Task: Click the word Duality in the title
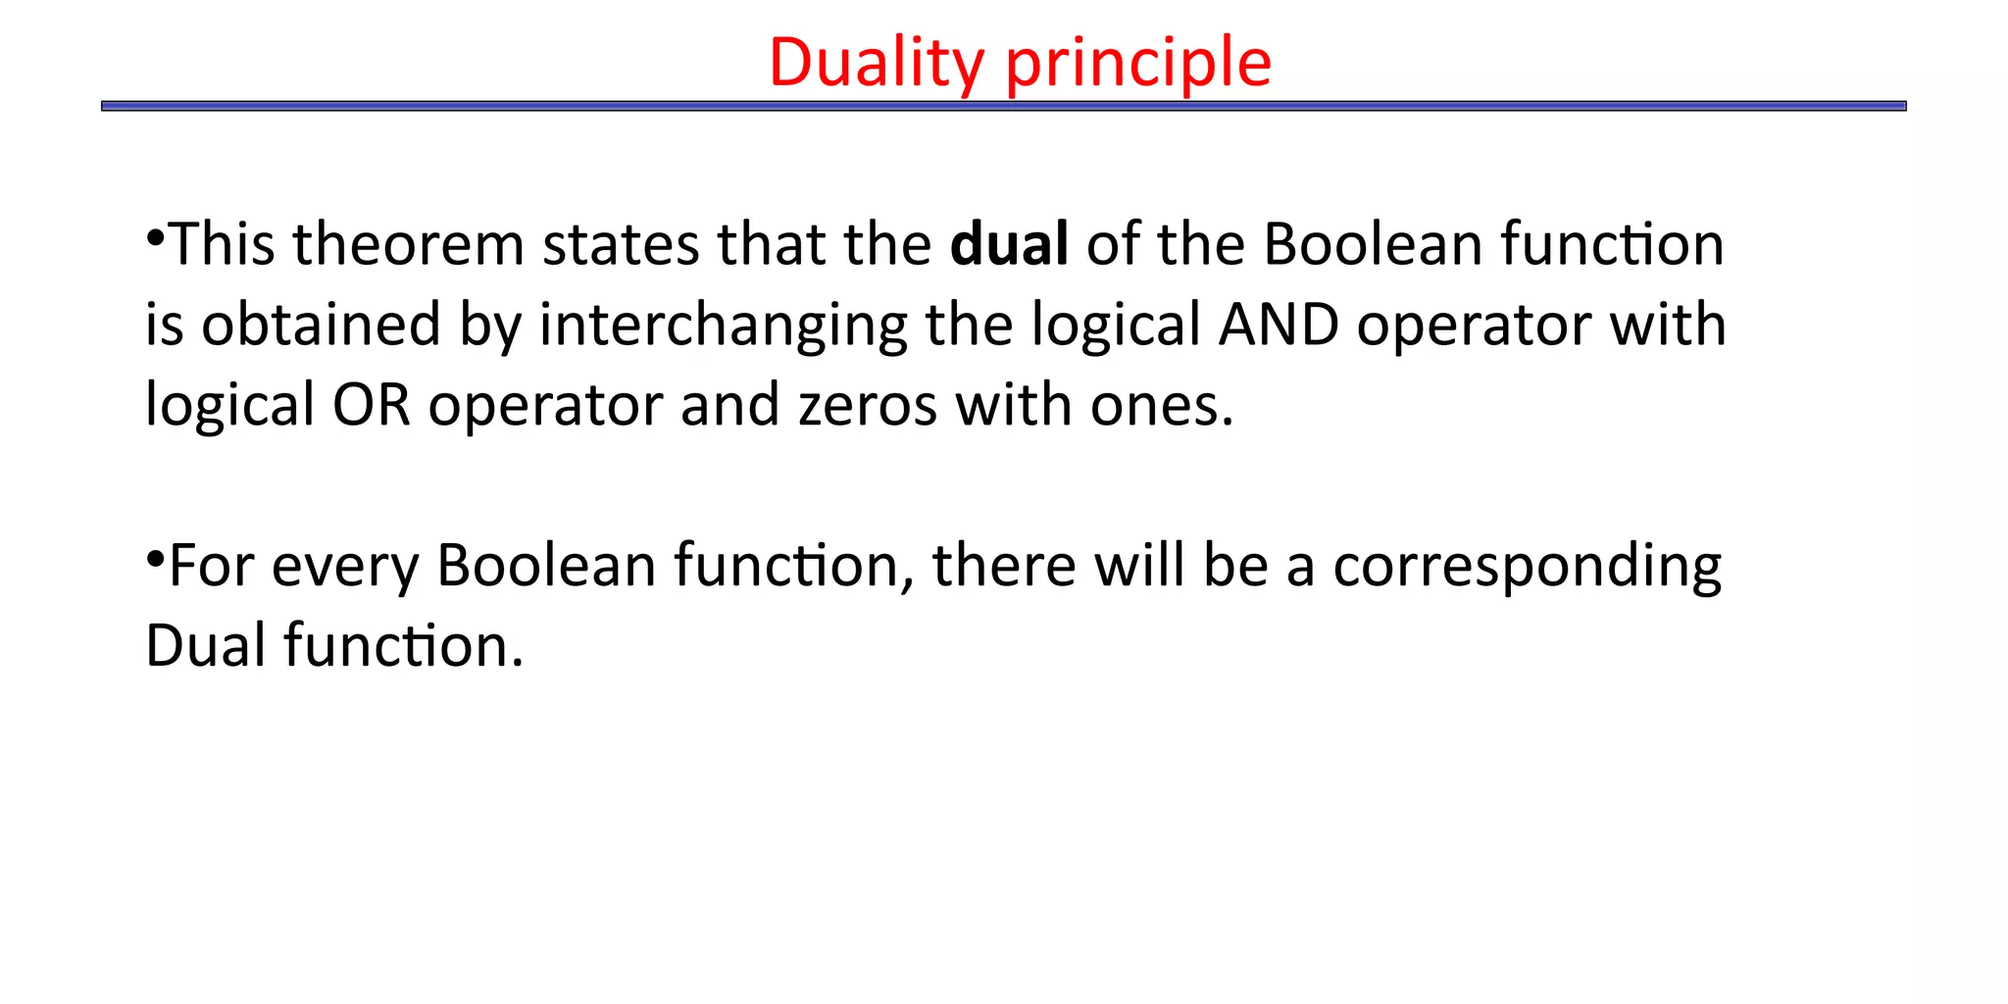(x=876, y=63)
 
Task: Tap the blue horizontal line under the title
(x=1003, y=106)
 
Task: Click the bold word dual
(x=1009, y=243)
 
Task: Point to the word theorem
(x=408, y=243)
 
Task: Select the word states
(x=621, y=243)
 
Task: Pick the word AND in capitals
(x=1278, y=325)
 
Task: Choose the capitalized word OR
(x=371, y=404)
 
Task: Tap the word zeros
(x=868, y=404)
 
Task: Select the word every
(x=344, y=567)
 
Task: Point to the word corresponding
(x=1527, y=567)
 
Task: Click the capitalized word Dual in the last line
(x=205, y=646)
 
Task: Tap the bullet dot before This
(x=155, y=237)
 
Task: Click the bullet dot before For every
(x=155, y=559)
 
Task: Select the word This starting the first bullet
(x=223, y=243)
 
